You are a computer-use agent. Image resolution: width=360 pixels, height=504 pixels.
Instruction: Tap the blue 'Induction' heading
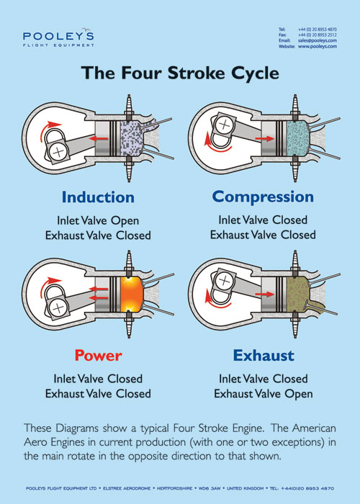[98, 197]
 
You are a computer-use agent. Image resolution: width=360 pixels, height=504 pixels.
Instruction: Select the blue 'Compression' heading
[263, 197]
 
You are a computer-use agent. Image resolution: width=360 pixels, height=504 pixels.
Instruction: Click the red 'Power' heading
[98, 355]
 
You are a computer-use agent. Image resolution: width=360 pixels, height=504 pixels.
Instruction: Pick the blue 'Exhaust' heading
[263, 355]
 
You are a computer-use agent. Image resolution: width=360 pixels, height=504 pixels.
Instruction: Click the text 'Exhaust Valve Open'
[263, 394]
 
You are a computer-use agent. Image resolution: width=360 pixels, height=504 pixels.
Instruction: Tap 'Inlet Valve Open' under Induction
[98, 220]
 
